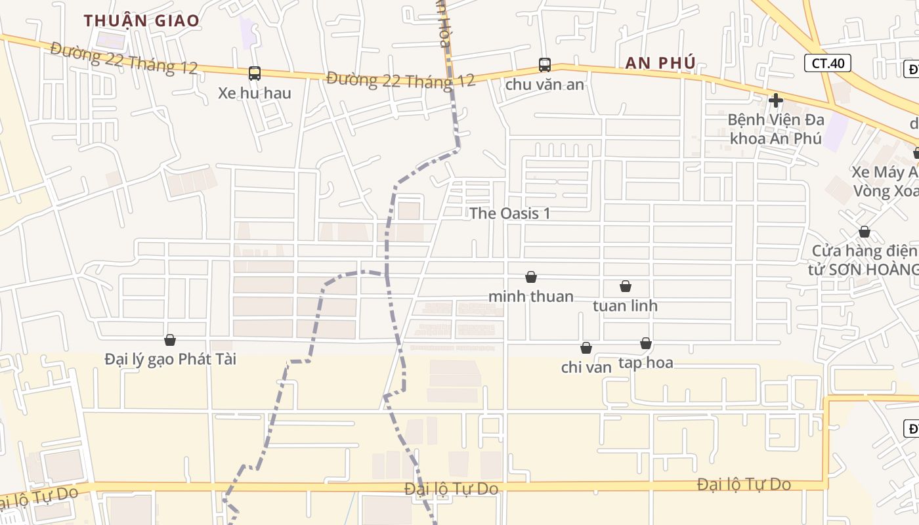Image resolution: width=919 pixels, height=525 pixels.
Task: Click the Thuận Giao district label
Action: pyautogui.click(x=141, y=20)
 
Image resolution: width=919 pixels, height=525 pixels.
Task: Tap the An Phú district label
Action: pyautogui.click(x=660, y=63)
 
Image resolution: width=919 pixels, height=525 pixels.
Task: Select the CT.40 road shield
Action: pyautogui.click(x=828, y=63)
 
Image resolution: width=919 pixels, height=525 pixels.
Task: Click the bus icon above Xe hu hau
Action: pyautogui.click(x=255, y=73)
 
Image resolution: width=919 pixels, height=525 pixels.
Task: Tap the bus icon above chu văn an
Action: pyautogui.click(x=545, y=64)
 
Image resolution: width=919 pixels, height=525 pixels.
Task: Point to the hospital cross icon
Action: pyautogui.click(x=776, y=100)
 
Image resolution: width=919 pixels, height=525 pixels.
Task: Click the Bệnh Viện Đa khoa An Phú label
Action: pyautogui.click(x=775, y=129)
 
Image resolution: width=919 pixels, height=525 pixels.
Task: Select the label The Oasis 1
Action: pyautogui.click(x=510, y=213)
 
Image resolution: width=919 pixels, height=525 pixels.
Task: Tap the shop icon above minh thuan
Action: pyautogui.click(x=531, y=278)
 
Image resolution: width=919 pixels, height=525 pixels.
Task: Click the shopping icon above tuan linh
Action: pyautogui.click(x=626, y=287)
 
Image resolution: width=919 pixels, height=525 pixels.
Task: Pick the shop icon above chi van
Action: pyautogui.click(x=586, y=348)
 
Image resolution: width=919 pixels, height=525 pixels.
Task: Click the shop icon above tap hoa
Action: pyautogui.click(x=646, y=344)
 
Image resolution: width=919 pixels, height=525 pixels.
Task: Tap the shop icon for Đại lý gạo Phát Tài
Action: pyautogui.click(x=170, y=340)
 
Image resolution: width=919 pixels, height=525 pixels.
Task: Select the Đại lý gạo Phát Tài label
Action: pyautogui.click(x=170, y=359)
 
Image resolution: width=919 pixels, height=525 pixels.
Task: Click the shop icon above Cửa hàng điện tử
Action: pyautogui.click(x=865, y=232)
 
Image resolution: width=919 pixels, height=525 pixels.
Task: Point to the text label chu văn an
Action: pyautogui.click(x=545, y=84)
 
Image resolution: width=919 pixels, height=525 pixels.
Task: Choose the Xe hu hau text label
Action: pyautogui.click(x=255, y=93)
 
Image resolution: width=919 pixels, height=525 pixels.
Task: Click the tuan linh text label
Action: pyautogui.click(x=625, y=306)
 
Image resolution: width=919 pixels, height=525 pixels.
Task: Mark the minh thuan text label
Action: pyautogui.click(x=531, y=297)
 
